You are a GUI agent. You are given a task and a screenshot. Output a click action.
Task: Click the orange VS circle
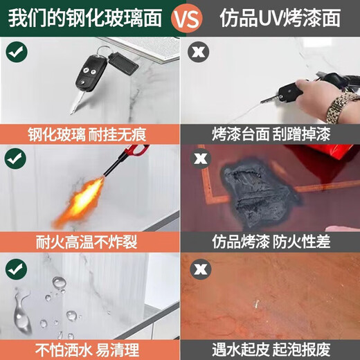click(x=186, y=18)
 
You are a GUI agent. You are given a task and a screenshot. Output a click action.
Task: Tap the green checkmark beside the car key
click(x=17, y=51)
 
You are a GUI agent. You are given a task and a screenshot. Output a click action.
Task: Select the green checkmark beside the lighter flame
click(x=16, y=159)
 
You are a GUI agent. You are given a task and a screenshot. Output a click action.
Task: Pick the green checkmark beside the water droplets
click(x=16, y=269)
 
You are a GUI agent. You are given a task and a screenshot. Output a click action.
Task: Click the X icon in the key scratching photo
click(x=198, y=52)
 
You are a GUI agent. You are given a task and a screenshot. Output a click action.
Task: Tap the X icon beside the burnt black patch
click(x=201, y=158)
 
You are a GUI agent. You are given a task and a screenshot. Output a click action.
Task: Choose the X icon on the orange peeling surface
click(x=201, y=269)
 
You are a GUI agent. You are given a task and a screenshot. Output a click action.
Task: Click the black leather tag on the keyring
click(x=123, y=64)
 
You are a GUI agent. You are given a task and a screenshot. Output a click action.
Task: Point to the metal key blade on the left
click(x=76, y=102)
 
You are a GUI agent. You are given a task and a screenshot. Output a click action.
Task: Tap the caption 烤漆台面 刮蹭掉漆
click(x=271, y=134)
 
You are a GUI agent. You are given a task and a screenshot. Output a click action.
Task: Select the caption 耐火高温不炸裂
click(x=87, y=242)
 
